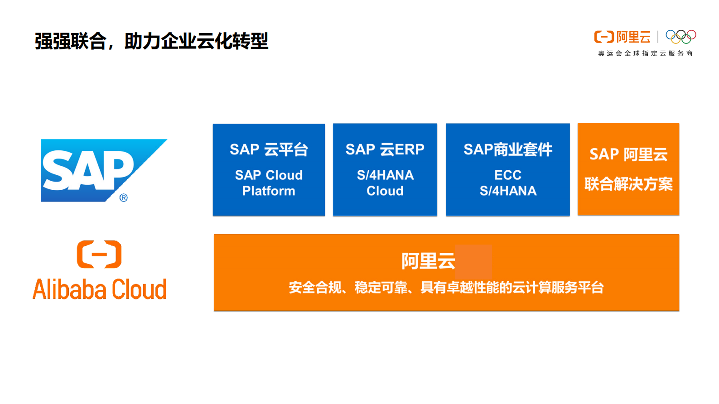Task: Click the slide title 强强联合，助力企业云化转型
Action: click(151, 41)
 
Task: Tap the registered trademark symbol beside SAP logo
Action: click(123, 198)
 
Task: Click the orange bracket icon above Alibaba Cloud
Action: click(99, 254)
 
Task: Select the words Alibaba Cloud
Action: click(99, 289)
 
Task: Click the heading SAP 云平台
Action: click(269, 149)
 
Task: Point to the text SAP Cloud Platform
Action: click(269, 183)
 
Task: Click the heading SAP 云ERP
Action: click(385, 149)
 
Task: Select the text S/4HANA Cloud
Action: click(385, 183)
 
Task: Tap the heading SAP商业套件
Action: click(507, 149)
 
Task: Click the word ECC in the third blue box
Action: click(507, 175)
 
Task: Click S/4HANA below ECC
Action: click(507, 191)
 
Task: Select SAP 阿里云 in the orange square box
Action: click(628, 154)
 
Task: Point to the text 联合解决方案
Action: click(628, 184)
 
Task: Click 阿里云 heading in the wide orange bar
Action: click(428, 261)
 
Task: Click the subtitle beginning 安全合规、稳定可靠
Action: click(446, 287)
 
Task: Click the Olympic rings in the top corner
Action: click(680, 36)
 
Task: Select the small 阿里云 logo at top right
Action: click(622, 37)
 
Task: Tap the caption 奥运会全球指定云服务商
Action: click(645, 53)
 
